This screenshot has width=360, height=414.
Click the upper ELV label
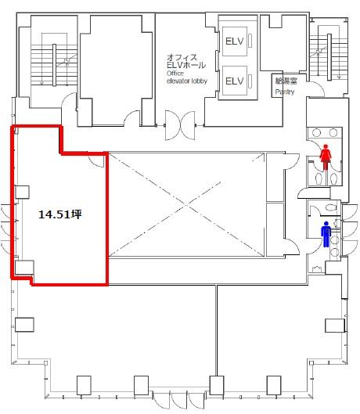pos(234,41)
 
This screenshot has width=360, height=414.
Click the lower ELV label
pos(234,81)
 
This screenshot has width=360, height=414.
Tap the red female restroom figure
pos(326,157)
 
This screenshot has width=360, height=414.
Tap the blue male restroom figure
pos(326,235)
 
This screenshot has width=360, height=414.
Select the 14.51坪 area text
pos(60,214)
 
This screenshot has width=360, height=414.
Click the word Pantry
pos(285,92)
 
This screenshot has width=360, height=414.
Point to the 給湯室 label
pos(286,81)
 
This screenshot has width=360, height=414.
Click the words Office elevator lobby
pos(187,77)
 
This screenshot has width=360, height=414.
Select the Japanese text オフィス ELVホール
pos(186,61)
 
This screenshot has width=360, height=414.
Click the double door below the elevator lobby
pos(180,125)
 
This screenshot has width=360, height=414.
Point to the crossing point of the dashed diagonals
pos(186,204)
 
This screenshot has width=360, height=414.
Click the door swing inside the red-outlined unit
pos(97,161)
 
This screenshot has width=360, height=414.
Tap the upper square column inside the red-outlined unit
pos(22,192)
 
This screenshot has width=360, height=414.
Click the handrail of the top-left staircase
pos(54,65)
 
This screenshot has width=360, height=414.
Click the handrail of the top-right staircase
pos(329,57)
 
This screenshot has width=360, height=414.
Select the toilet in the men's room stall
pos(331,207)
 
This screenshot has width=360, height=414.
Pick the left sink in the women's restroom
pos(317,132)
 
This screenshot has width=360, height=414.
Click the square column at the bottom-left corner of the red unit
pos(24,268)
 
